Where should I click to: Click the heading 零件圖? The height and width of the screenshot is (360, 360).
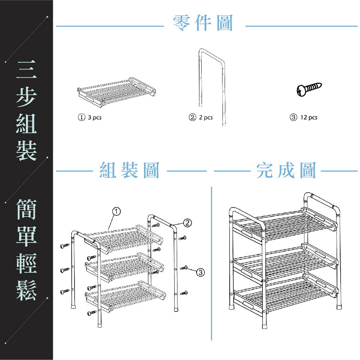coord(203,23)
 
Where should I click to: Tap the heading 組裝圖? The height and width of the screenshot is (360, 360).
coord(129,170)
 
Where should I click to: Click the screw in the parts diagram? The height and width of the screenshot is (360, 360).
coord(309,89)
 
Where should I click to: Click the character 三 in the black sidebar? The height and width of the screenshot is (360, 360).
coord(26,70)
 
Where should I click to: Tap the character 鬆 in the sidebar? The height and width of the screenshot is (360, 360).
coord(26,290)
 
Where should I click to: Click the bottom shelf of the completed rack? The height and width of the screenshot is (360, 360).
coord(284,293)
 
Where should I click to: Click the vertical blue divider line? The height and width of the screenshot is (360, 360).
coord(211,263)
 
